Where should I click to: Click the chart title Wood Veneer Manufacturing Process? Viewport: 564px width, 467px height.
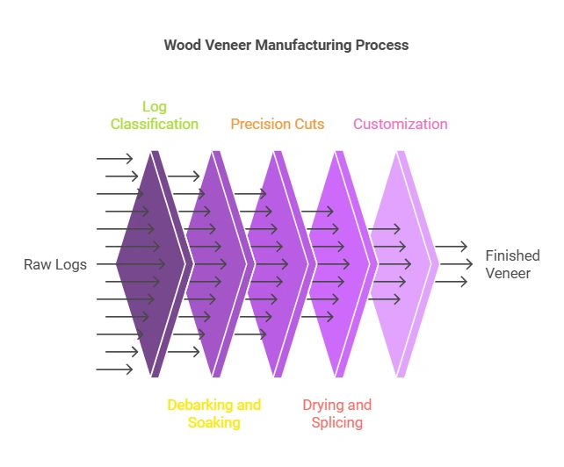click(x=286, y=45)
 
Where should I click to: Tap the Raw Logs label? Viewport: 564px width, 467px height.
click(x=55, y=264)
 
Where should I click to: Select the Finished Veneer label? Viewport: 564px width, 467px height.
click(x=512, y=264)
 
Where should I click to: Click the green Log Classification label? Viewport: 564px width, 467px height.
click(x=155, y=115)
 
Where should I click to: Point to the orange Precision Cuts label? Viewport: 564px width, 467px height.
click(x=278, y=124)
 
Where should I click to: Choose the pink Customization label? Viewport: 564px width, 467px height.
click(x=401, y=124)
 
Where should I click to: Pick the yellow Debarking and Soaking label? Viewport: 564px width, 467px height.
click(x=214, y=413)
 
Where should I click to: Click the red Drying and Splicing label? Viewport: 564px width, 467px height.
click(x=337, y=413)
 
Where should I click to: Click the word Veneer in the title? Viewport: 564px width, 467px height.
click(x=231, y=45)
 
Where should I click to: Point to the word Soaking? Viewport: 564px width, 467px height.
click(x=214, y=422)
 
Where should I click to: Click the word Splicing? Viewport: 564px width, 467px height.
click(x=337, y=422)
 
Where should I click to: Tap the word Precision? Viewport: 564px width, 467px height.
click(x=259, y=124)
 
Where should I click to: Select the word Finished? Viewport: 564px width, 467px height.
click(x=512, y=255)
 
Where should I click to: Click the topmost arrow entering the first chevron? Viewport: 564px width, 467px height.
click(x=114, y=159)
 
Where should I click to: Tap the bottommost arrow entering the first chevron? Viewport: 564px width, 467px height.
click(x=114, y=370)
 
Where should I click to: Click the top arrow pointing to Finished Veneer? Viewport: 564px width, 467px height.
click(x=452, y=248)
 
